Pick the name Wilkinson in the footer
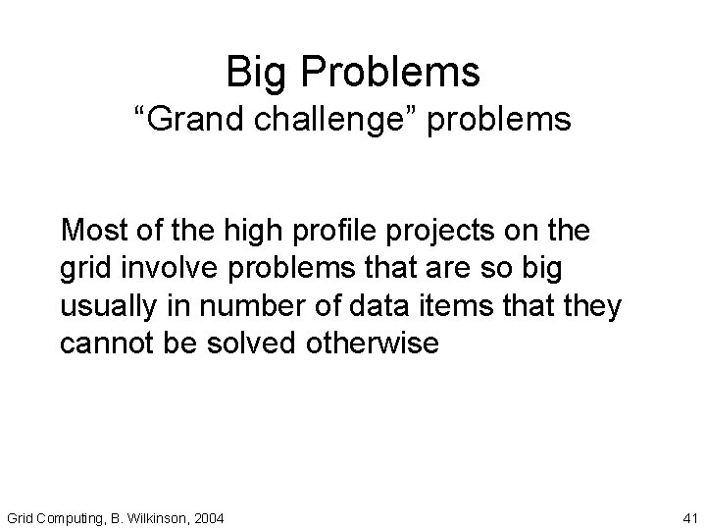152,516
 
